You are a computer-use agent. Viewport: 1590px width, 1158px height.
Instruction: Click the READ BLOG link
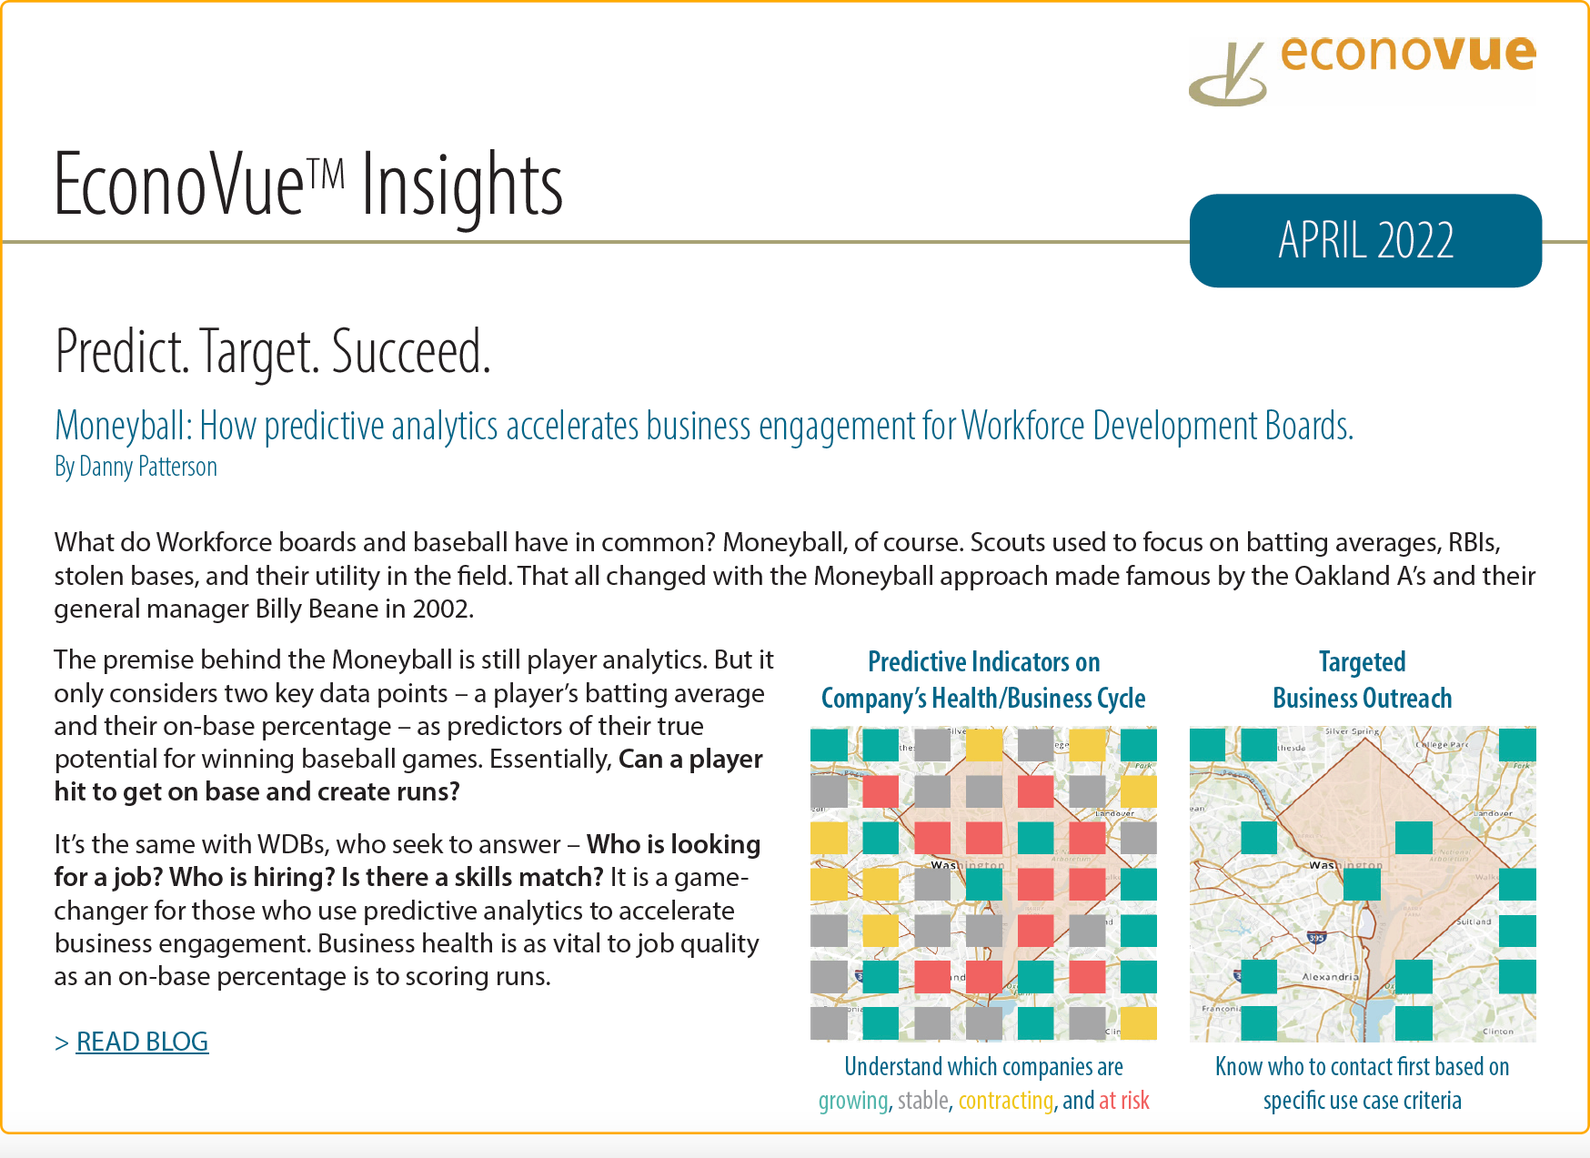tap(142, 1042)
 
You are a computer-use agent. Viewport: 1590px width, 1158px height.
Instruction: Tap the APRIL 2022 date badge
tap(1365, 240)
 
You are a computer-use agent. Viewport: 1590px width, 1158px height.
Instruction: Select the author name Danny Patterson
tap(148, 467)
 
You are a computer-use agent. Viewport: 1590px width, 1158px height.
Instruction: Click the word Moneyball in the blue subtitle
tap(123, 426)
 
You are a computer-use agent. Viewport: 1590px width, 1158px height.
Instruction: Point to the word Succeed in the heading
tap(410, 353)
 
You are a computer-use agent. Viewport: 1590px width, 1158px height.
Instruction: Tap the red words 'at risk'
tap(1124, 1101)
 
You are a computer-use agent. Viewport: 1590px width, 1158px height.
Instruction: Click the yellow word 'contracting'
tap(1005, 1101)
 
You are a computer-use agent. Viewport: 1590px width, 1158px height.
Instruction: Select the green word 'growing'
tap(852, 1101)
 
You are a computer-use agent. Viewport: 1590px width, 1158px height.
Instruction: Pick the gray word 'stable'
tap(923, 1101)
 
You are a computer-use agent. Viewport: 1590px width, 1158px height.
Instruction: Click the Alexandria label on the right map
tap(1330, 977)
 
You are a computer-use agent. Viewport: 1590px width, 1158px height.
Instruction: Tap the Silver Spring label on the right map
tap(1352, 731)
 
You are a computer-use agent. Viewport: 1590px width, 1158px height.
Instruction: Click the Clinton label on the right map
tap(1497, 1032)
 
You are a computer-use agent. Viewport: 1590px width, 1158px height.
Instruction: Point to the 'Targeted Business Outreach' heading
tap(1362, 680)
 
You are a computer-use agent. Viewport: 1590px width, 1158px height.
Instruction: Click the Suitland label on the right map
tap(1473, 921)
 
